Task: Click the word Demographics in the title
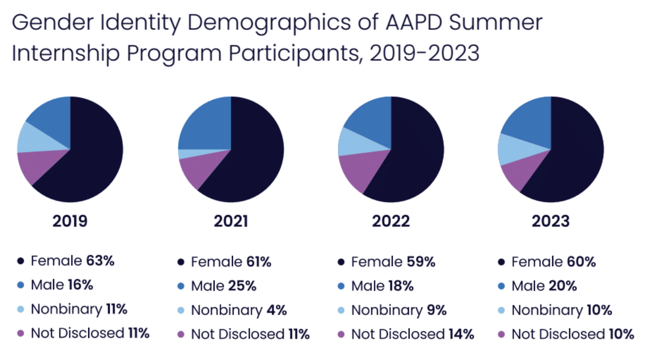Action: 242,23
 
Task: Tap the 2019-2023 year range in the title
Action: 424,53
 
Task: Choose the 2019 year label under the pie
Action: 70,221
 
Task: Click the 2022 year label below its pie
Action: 391,221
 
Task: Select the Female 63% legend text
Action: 72,261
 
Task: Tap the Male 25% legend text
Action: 223,286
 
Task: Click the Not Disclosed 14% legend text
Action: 412,334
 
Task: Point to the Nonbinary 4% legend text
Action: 239,310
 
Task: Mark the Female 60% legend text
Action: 553,262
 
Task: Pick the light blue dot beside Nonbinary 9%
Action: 341,310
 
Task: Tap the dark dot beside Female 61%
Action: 181,263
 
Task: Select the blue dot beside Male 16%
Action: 21,285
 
